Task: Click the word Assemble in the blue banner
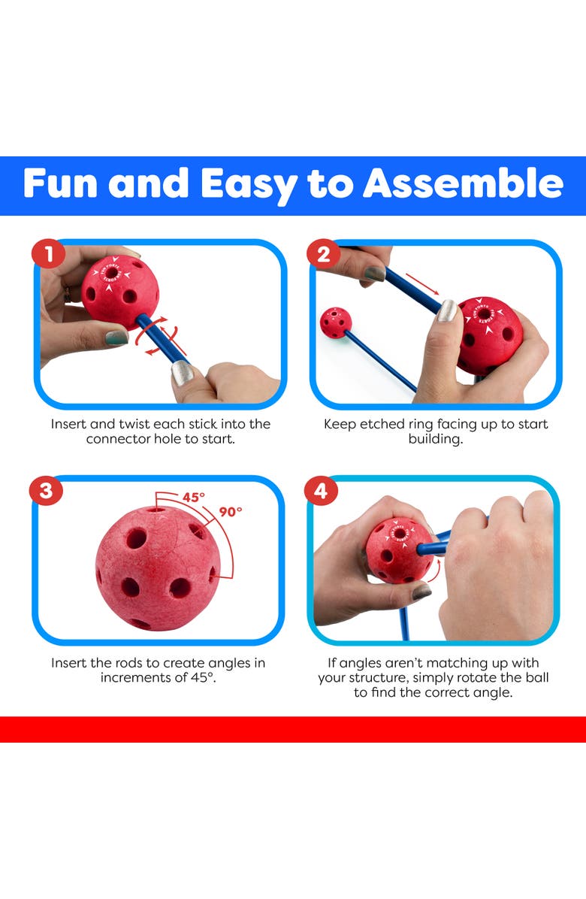pyautogui.click(x=464, y=183)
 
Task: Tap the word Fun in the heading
pyautogui.click(x=59, y=183)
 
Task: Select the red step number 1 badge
pyautogui.click(x=49, y=253)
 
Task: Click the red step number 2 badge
pyautogui.click(x=324, y=253)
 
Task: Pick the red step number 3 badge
pyautogui.click(x=47, y=491)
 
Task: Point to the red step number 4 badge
pyautogui.click(x=321, y=491)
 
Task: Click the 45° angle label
pyautogui.click(x=194, y=497)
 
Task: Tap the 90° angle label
pyautogui.click(x=231, y=511)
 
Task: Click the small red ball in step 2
pyautogui.click(x=335, y=322)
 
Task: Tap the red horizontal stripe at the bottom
pyautogui.click(x=293, y=729)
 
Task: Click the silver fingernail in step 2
pyautogui.click(x=446, y=310)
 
